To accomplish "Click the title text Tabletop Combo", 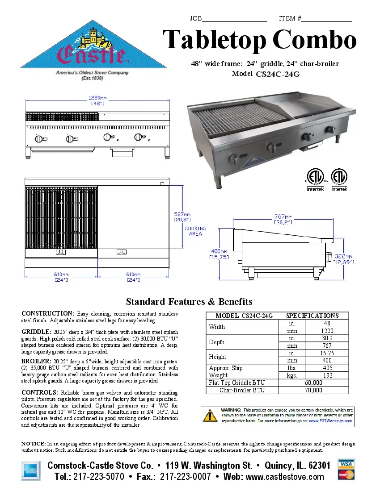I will click(259, 40).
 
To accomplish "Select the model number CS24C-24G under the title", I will click(277, 75).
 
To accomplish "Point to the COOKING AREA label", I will click(195, 231).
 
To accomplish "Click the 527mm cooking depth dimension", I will click(182, 216).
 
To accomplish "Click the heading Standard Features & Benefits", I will click(189, 302).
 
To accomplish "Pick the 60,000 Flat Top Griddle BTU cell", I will click(313, 383).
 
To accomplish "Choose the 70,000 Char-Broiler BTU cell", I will click(313, 390).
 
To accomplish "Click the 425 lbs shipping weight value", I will click(328, 368).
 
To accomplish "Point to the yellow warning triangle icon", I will click(210, 416).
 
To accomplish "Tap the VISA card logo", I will click(346, 464).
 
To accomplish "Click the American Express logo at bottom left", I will click(30, 470).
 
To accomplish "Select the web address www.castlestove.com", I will click(285, 477).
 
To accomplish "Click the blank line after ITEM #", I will click(327, 19).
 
